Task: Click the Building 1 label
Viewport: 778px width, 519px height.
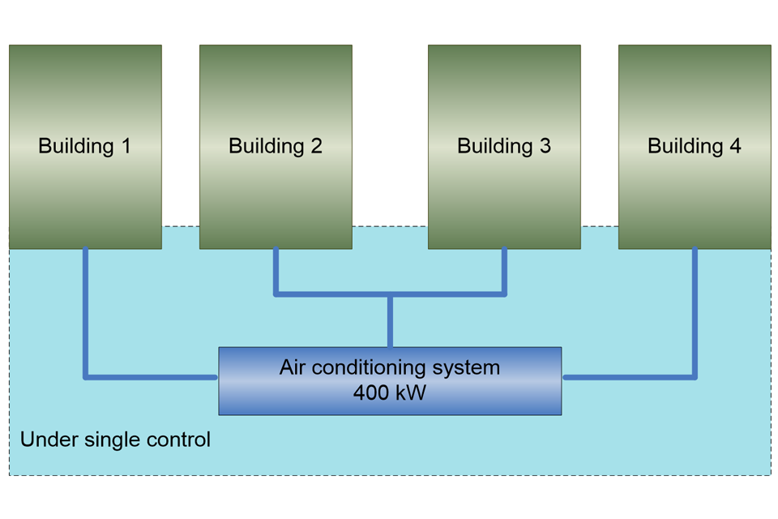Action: tap(84, 146)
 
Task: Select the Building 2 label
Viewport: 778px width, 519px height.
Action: tap(276, 146)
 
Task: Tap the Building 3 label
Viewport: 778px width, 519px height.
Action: tap(504, 146)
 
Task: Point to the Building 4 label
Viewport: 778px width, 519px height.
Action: tap(695, 146)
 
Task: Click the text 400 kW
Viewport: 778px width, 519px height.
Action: tap(390, 392)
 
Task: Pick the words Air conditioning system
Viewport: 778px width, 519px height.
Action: tap(390, 367)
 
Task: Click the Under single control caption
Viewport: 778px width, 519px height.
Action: tap(115, 440)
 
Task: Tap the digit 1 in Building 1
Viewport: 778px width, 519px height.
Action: tap(126, 146)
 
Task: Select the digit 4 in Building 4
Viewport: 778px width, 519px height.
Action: tap(735, 146)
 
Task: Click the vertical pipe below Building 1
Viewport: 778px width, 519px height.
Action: tap(85, 312)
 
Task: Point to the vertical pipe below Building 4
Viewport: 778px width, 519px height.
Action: tap(695, 312)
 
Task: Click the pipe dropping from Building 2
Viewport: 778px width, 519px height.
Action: tap(276, 271)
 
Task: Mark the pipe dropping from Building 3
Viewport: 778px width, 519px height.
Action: tap(504, 271)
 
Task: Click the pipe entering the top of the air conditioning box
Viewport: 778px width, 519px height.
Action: tap(390, 321)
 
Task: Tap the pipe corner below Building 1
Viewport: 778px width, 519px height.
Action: tap(86, 376)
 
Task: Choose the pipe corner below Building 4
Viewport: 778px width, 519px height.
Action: tap(695, 376)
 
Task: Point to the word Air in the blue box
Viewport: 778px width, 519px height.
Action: tap(293, 367)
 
